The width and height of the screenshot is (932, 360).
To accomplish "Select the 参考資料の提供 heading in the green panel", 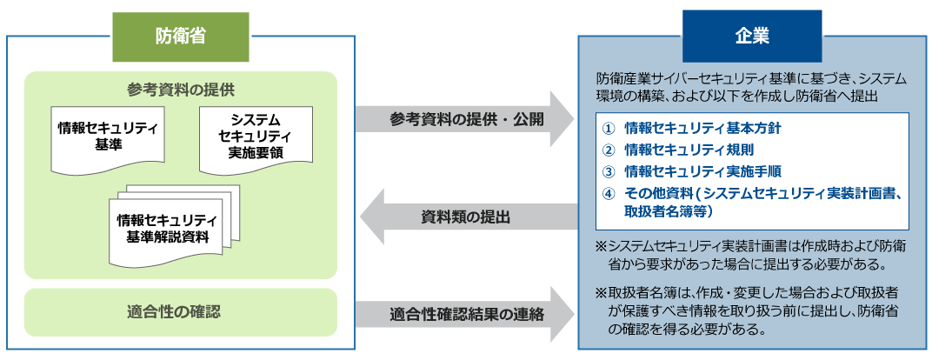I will (180, 90).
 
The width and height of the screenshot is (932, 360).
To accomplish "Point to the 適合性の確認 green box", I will (180, 311).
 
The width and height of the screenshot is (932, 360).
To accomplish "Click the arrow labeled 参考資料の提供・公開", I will (465, 118).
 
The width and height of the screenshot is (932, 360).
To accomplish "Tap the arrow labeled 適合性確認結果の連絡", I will (465, 314).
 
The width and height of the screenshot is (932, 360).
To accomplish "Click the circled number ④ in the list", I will (609, 192).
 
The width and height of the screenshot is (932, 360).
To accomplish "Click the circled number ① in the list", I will (609, 128).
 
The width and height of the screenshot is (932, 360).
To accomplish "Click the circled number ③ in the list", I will (609, 170).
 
